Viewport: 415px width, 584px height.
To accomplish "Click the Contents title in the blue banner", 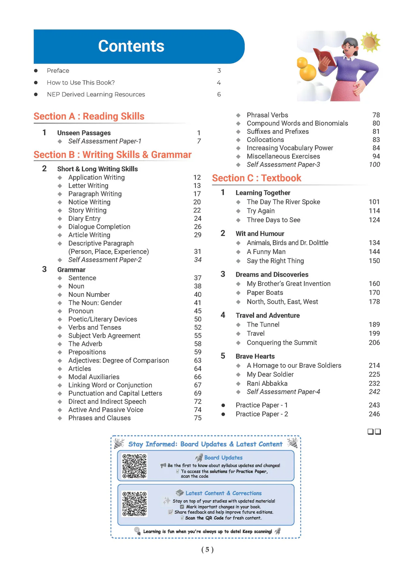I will [131, 46].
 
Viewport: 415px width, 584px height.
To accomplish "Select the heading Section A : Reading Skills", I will [89, 116].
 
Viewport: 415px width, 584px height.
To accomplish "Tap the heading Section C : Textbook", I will [257, 178].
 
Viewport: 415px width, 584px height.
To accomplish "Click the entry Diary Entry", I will [84, 219].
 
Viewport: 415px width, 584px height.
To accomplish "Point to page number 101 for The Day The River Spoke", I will [374, 202].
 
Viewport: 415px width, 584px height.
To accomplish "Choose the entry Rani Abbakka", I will [267, 384].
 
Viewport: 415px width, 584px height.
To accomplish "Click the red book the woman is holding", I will [324, 57].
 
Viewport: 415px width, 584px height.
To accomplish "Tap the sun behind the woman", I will [370, 42].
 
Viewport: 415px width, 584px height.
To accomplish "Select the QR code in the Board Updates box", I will [134, 466].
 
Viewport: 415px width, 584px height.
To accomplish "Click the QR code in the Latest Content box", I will [134, 504].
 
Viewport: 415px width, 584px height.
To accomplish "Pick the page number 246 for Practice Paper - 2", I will [374, 414].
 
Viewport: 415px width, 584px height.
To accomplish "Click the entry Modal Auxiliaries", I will [94, 377].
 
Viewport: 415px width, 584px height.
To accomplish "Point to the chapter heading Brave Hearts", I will [255, 356].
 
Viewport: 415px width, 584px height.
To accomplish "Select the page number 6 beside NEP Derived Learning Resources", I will [219, 94].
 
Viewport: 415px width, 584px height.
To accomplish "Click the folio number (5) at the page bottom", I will [207, 550].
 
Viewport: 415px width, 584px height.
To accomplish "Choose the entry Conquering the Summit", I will [282, 343].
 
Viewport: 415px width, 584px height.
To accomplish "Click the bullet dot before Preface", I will [36, 71].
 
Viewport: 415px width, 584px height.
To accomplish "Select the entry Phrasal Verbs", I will [267, 115].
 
